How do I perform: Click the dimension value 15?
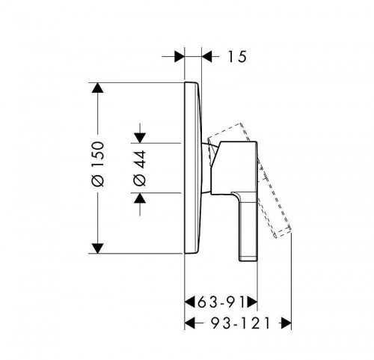[x=237, y=57]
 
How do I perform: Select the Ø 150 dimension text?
[x=98, y=164]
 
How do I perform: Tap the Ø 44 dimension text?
[x=140, y=168]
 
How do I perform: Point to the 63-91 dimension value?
[x=221, y=302]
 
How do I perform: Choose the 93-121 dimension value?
[x=241, y=323]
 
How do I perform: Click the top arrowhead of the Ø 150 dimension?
[x=97, y=88]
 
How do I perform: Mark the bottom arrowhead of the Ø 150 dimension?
[x=97, y=248]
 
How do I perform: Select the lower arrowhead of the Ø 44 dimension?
[x=140, y=198]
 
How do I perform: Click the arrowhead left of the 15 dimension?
[x=180, y=57]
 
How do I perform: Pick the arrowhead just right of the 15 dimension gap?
[x=206, y=57]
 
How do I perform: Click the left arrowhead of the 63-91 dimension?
[x=189, y=302]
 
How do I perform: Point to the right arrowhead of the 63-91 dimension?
[x=252, y=302]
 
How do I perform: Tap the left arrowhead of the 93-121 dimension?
[x=189, y=323]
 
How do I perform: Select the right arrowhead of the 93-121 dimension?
[x=286, y=323]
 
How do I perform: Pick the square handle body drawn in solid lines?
[x=234, y=168]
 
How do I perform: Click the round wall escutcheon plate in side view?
[x=192, y=168]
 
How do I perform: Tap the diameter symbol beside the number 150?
[x=98, y=180]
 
